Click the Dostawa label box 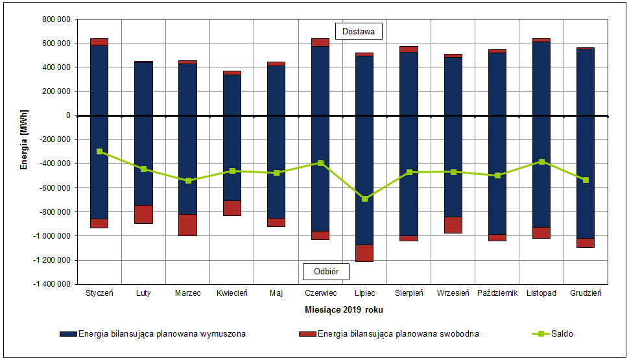click(359, 31)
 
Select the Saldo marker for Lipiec click(364, 198)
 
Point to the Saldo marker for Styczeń click(99, 151)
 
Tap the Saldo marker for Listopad click(541, 162)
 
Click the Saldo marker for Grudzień click(586, 180)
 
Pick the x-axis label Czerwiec click(320, 293)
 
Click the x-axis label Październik click(497, 293)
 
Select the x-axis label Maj click(276, 293)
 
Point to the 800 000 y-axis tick click(57, 19)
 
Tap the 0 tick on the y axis click(67, 115)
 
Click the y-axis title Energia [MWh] click(24, 139)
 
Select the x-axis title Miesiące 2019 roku click(344, 309)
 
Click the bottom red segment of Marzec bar click(187, 224)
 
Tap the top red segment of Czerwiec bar click(320, 42)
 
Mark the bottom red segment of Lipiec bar click(364, 253)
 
